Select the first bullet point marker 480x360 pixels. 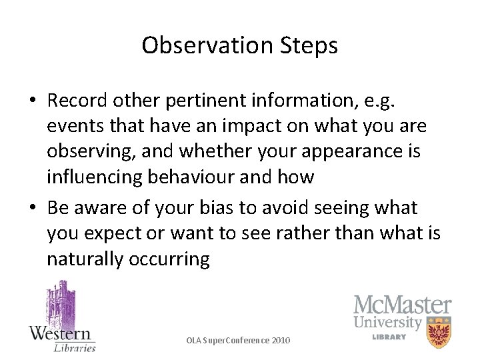(33, 101)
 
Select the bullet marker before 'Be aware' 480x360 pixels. (33, 209)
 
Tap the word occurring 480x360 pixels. (174, 259)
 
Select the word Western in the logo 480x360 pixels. (61, 333)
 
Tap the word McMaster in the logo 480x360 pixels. (402, 306)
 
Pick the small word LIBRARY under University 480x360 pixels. (389, 337)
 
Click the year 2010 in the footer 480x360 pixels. (281, 341)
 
